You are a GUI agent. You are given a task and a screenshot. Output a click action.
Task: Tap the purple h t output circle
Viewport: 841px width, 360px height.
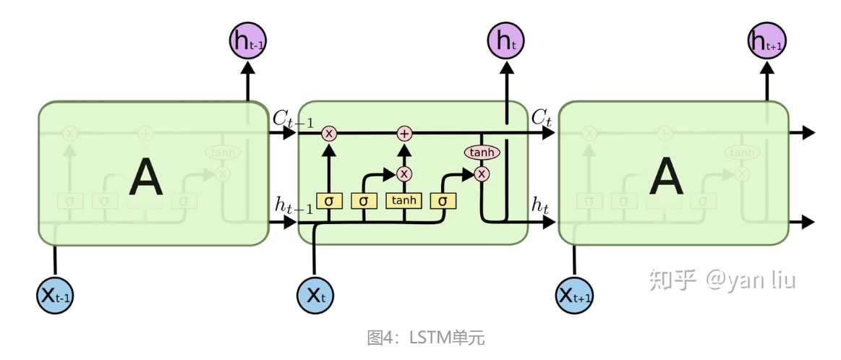[x=506, y=40]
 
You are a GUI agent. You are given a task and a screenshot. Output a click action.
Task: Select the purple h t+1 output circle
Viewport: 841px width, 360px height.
[x=766, y=40]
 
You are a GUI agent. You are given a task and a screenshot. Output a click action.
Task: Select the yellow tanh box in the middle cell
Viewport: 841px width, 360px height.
[x=404, y=200]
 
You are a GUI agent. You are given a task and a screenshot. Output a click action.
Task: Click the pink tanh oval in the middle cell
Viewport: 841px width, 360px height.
[x=482, y=153]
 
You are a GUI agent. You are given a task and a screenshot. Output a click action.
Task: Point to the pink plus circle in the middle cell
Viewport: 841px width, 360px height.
[x=404, y=133]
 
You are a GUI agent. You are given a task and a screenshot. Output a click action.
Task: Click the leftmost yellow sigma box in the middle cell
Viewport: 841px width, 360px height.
[x=329, y=200]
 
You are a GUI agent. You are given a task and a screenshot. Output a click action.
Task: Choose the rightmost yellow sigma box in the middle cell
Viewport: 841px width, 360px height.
[x=443, y=200]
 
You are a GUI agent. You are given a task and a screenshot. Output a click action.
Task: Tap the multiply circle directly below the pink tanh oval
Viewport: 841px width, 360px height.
[x=482, y=173]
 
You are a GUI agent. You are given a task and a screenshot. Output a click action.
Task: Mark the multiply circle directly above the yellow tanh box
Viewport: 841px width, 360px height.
[x=404, y=173]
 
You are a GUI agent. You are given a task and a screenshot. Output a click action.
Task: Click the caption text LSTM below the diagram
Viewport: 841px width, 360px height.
[x=431, y=337]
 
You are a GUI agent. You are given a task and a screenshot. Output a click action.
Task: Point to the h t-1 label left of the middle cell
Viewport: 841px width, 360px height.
[x=293, y=206]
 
